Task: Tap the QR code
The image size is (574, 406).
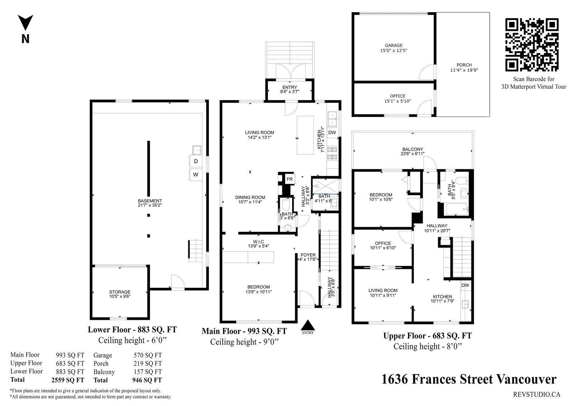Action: pyautogui.click(x=532, y=45)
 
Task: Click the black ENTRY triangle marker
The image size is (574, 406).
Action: pyautogui.click(x=307, y=325)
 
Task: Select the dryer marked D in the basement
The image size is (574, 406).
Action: pyautogui.click(x=196, y=161)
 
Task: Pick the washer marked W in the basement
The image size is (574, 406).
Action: pyautogui.click(x=196, y=175)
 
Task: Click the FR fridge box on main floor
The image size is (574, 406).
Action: pyautogui.click(x=290, y=179)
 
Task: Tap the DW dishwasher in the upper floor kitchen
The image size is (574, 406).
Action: pyautogui.click(x=465, y=285)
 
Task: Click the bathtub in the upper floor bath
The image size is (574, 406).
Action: pyautogui.click(x=457, y=209)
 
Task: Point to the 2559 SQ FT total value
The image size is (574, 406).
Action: pyautogui.click(x=68, y=380)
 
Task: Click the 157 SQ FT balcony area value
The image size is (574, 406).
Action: pyautogui.click(x=148, y=372)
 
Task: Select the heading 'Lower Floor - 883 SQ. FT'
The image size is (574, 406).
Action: pyautogui.click(x=132, y=330)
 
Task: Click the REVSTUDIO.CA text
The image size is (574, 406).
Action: pyautogui.click(x=537, y=395)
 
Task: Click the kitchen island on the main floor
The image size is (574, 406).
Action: pyautogui.click(x=305, y=135)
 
